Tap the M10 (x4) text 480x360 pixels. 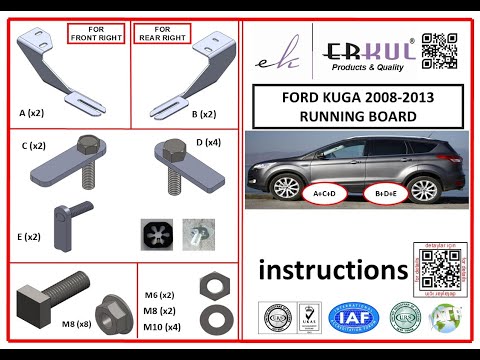point(160,327)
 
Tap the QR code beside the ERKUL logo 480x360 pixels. point(439,50)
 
